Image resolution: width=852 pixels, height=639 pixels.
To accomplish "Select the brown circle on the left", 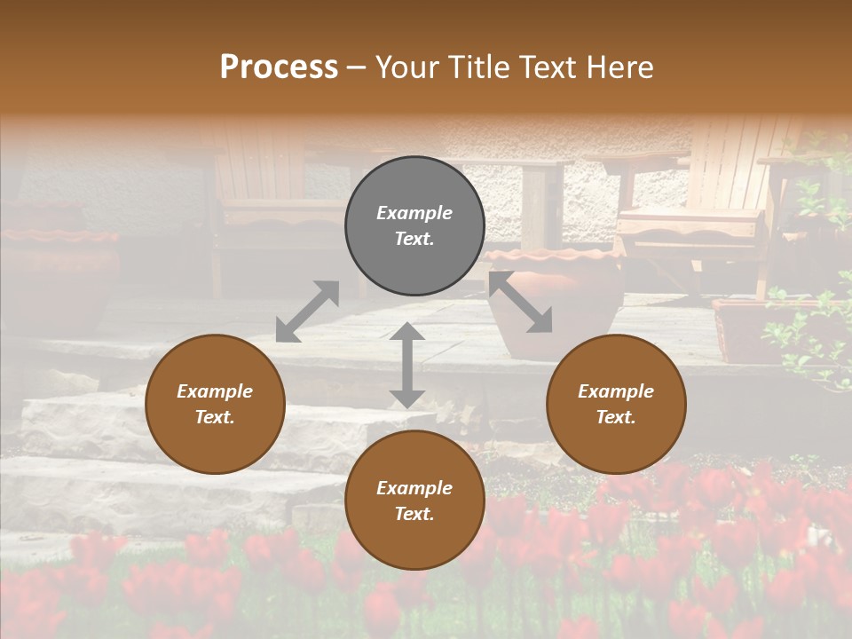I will pos(215,404).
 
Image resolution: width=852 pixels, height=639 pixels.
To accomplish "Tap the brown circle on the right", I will pos(616,404).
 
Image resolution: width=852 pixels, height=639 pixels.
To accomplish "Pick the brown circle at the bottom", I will pos(414,501).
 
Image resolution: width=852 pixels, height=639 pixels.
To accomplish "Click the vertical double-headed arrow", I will pos(407,365).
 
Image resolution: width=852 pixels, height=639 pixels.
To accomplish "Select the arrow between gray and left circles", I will pos(307,311).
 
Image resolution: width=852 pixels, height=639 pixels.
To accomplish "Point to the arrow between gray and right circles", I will pos(521,303).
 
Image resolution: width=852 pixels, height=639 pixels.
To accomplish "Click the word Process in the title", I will pos(279,67).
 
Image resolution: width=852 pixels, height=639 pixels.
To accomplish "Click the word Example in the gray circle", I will pos(414,213).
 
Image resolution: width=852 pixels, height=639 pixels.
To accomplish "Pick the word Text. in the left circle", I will pos(215,417).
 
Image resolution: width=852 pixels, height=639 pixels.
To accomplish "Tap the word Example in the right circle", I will pos(616,391).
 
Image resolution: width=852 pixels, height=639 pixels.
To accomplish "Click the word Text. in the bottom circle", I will pos(414,514).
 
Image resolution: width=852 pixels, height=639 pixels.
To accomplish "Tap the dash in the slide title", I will pos(357,67).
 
